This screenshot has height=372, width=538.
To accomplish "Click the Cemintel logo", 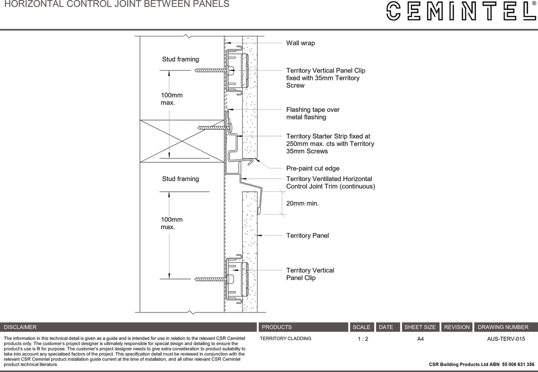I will tap(461, 11).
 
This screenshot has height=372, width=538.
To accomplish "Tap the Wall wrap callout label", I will tap(300, 43).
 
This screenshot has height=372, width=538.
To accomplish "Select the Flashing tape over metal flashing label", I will tap(313, 113).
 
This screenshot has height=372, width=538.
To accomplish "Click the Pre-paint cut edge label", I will tap(312, 169).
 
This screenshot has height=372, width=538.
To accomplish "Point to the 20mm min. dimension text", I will tap(302, 203).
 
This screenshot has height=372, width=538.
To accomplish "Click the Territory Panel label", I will tap(307, 235).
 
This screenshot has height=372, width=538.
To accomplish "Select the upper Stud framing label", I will tap(180, 59).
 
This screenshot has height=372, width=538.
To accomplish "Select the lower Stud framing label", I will tap(180, 179).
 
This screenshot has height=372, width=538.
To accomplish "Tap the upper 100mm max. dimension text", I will tap(171, 99).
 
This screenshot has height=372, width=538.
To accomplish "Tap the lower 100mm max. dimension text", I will tap(171, 223).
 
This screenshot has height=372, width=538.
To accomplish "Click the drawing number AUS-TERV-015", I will tap(506, 339).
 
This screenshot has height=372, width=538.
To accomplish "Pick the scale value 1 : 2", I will tap(363, 339).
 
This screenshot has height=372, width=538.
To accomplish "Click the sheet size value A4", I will tap(420, 339).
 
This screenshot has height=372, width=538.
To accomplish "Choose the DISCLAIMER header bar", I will tap(128, 327).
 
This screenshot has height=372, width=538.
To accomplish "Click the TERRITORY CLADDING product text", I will tap(285, 339).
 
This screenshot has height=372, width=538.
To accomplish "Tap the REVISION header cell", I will tap(457, 327).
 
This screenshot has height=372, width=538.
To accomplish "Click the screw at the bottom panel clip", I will tap(211, 279).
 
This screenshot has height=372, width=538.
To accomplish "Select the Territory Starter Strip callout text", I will tap(330, 144).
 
